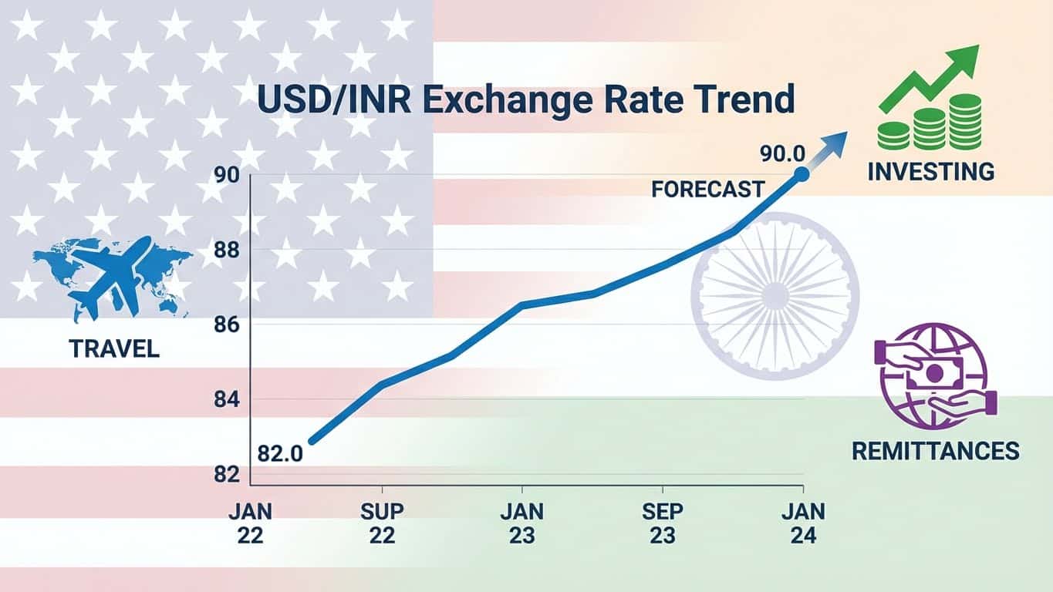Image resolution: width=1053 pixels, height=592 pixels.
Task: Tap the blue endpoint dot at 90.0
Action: pyautogui.click(x=801, y=175)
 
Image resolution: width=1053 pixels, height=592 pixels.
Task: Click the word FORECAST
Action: pyautogui.click(x=707, y=189)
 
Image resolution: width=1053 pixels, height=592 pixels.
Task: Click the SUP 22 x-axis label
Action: pyautogui.click(x=382, y=524)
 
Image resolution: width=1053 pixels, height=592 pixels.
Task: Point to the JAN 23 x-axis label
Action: pyautogui.click(x=521, y=524)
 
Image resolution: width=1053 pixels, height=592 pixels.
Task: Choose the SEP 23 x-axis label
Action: pyautogui.click(x=662, y=524)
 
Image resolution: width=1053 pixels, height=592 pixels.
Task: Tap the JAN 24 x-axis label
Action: pyautogui.click(x=802, y=524)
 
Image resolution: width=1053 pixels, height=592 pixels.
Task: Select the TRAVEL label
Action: pyautogui.click(x=114, y=349)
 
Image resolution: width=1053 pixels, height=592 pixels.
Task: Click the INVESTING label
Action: pyautogui.click(x=930, y=171)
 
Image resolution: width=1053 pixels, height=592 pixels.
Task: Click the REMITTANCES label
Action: pyautogui.click(x=935, y=450)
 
